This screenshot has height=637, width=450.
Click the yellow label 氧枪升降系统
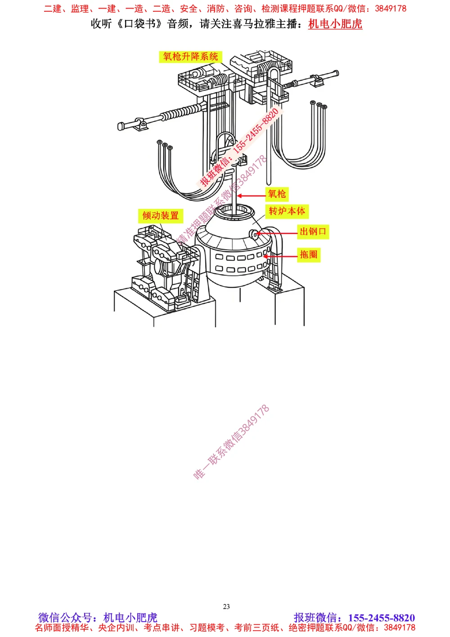[190, 57]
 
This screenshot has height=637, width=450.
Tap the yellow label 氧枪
[277, 194]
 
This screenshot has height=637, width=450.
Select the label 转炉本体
[287, 211]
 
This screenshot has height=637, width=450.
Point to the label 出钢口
[313, 232]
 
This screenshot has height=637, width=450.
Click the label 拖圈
[308, 255]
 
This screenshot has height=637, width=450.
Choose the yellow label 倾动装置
[161, 216]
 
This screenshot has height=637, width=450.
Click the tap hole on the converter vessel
[254, 234]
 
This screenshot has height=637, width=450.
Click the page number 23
[226, 606]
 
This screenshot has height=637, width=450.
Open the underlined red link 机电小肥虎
[335, 24]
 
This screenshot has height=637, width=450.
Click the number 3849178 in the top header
[390, 9]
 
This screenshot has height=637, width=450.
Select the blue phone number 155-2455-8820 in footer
[381, 618]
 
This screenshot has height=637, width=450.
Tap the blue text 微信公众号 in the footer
[65, 618]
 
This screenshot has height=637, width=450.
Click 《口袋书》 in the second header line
[139, 24]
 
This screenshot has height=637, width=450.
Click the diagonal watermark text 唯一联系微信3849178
[231, 442]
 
